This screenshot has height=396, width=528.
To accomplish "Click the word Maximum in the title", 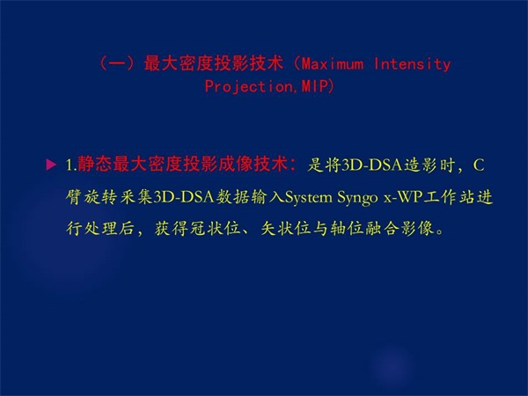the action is coord(332,63).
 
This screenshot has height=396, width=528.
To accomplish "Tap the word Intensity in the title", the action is coord(412,64).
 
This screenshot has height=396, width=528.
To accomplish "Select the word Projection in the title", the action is coord(249,86).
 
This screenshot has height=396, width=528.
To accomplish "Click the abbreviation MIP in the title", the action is coord(314,86).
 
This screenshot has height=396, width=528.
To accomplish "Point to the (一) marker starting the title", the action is coord(118,63).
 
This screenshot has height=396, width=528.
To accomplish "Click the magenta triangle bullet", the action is coord(51,165).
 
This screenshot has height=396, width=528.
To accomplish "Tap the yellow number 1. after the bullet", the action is coord(71,165).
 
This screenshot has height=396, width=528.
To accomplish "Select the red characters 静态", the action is coord(95,165).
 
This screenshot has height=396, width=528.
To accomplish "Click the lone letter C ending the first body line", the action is coord(479,165).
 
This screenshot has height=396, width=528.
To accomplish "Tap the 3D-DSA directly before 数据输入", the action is coord(184,197).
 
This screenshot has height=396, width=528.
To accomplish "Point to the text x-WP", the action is coord(403,197).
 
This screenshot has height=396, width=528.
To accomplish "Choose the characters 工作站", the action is coord(449,197).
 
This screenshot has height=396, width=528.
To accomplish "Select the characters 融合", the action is coord(382,229).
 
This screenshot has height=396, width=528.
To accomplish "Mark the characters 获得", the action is coord(172,229).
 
